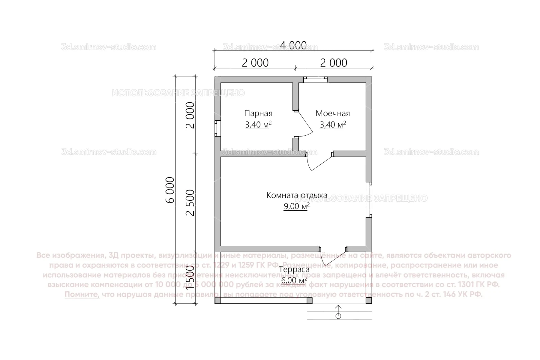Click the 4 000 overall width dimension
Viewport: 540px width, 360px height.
coord(293,45)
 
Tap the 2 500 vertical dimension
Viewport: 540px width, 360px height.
coord(190,202)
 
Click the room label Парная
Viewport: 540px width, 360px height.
coord(258,113)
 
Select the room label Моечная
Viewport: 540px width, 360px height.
coord(333,113)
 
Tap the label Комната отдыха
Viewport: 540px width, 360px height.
coord(297,195)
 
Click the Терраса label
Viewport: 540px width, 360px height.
coord(294,269)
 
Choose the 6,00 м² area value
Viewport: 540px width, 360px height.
coord(294,280)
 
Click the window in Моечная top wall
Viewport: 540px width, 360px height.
coord(315,79)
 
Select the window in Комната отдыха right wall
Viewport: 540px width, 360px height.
coord(369,200)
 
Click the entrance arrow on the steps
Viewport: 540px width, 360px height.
coord(338,312)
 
